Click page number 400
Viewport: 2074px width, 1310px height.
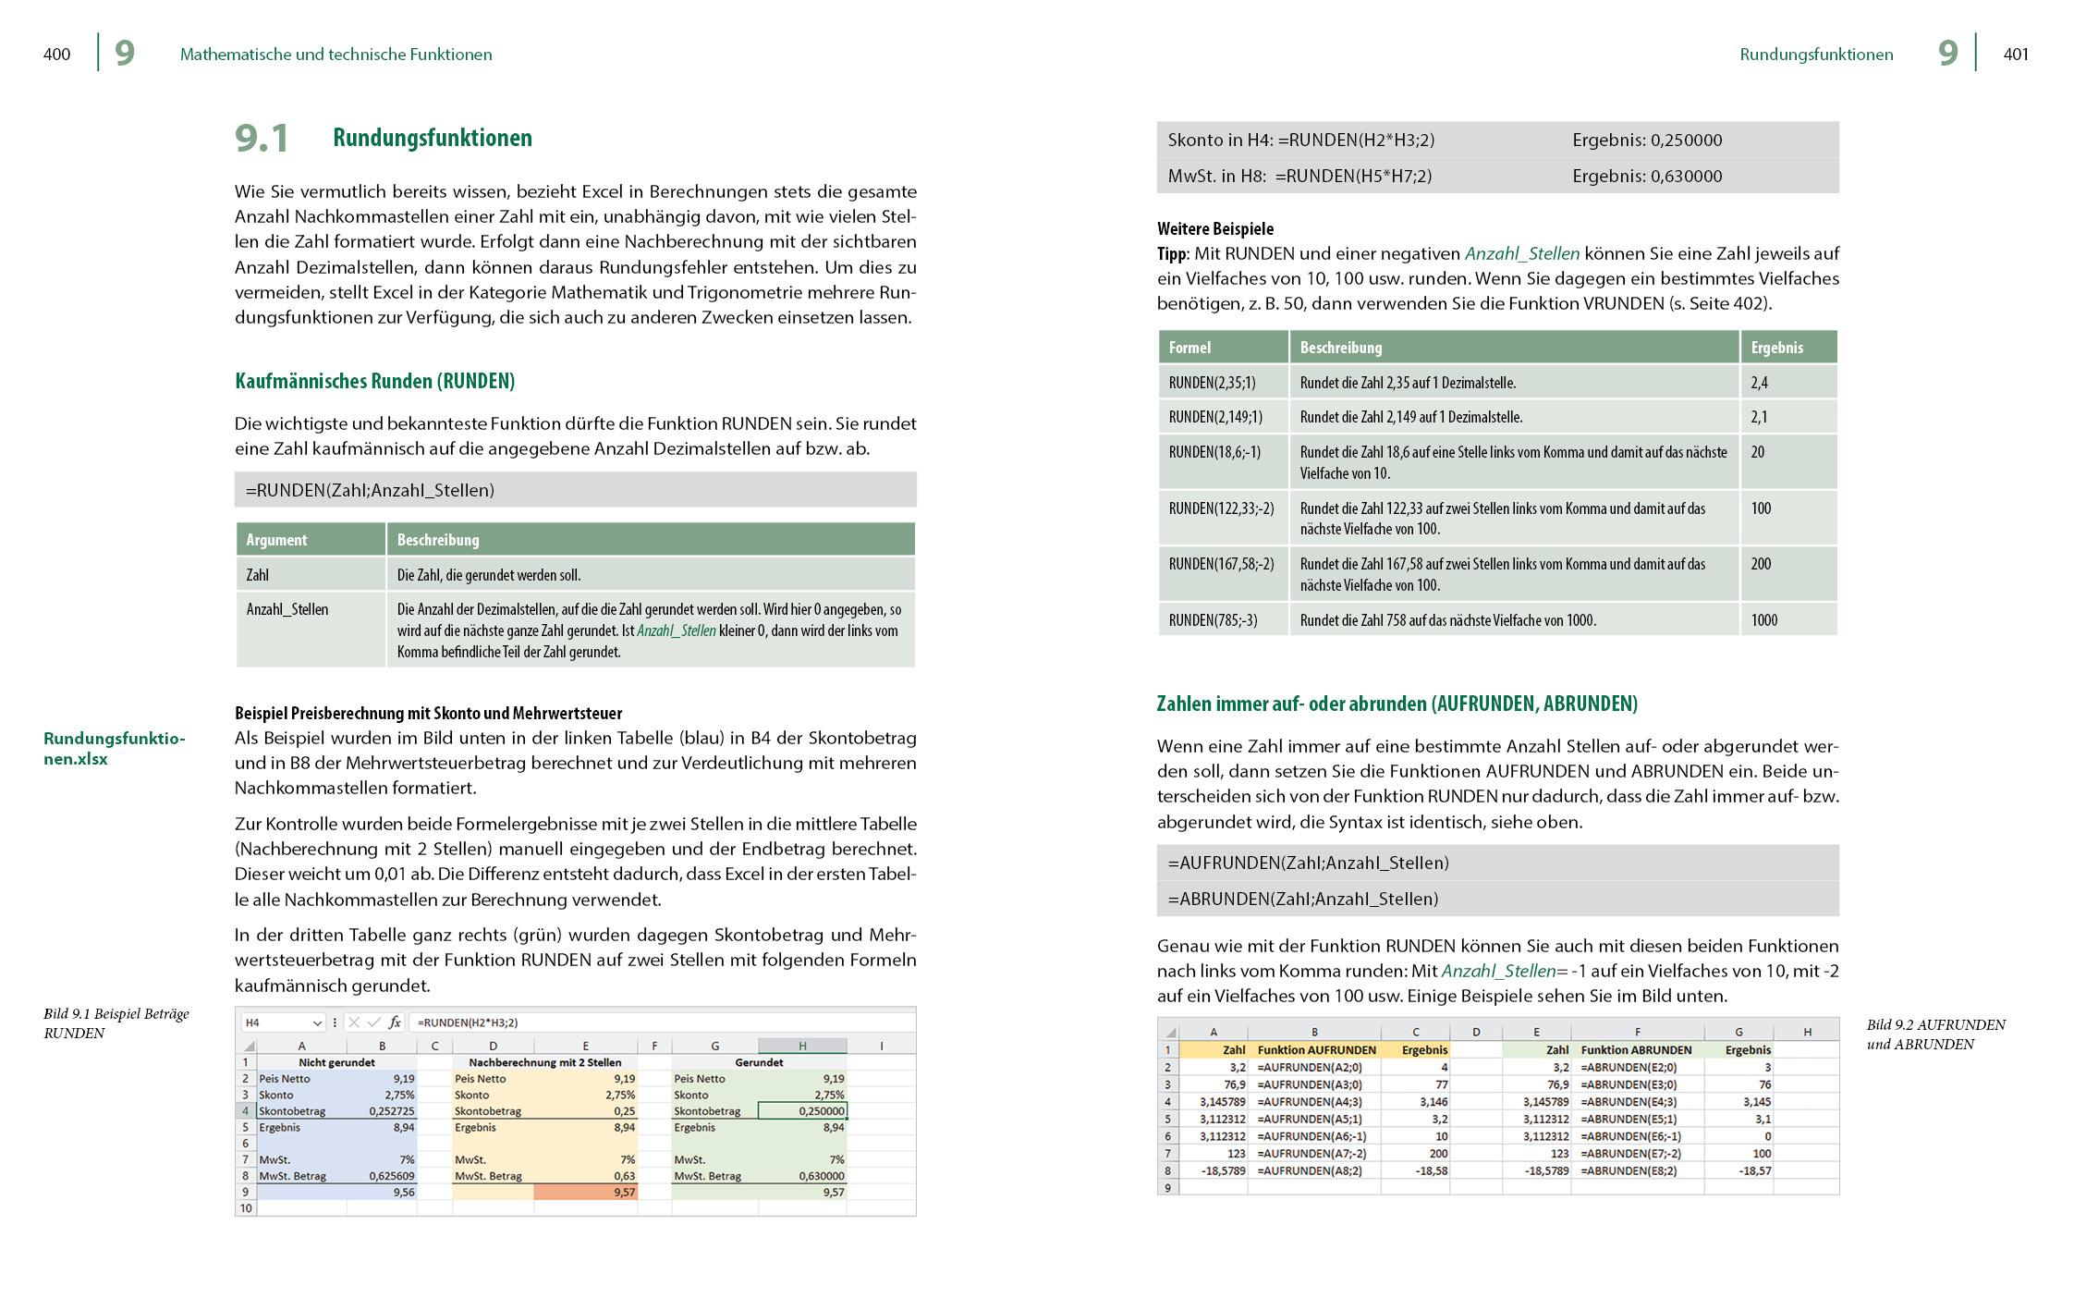[x=56, y=55]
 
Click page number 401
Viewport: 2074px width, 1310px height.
[x=2016, y=55]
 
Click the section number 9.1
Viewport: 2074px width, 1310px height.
[x=262, y=139]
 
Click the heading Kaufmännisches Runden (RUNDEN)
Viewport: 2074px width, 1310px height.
[x=374, y=381]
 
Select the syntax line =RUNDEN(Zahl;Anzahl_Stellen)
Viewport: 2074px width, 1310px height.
[x=370, y=490]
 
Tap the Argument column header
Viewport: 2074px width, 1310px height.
[x=276, y=540]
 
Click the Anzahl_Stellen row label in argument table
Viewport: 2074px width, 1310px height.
[x=287, y=609]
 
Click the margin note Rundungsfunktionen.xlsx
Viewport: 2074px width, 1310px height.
[x=114, y=749]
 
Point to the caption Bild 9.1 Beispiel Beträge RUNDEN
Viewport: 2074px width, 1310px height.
[x=116, y=1023]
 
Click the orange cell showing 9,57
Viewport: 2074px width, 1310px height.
[x=586, y=1193]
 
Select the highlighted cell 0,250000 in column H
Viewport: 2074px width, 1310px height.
[x=801, y=1111]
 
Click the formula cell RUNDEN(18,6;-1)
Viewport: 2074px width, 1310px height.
[x=1214, y=452]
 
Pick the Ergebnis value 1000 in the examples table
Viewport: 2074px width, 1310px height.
[x=1763, y=620]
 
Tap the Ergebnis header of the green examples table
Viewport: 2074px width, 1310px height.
[x=1776, y=348]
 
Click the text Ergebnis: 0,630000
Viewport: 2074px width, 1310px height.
[x=1647, y=176]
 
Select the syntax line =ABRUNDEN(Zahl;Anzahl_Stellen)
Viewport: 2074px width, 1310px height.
[x=1303, y=899]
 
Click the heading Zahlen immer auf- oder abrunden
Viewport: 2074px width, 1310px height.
[x=1397, y=704]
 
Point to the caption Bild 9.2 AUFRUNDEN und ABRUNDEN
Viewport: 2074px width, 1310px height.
[x=1935, y=1035]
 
